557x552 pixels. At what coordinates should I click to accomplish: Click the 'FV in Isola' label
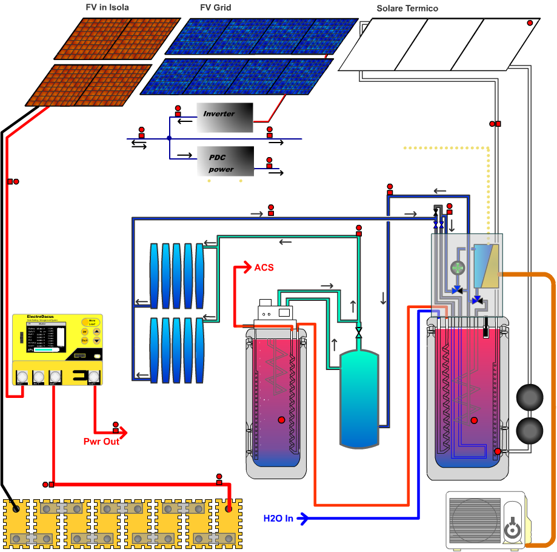tap(107, 8)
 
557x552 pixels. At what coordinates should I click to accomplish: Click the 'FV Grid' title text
tap(215, 8)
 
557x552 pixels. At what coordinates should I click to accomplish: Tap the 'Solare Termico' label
tap(407, 8)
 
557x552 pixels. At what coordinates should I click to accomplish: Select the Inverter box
tap(224, 117)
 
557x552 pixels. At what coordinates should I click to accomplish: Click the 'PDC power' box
tap(225, 161)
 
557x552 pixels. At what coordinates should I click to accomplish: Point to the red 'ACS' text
tap(264, 268)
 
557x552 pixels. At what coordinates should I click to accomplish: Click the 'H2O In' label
tap(278, 518)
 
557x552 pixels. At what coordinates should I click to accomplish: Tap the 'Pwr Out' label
tap(101, 441)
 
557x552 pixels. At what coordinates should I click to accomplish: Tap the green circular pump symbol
tap(457, 267)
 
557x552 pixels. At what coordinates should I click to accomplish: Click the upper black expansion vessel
tap(530, 398)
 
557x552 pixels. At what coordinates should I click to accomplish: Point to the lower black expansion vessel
tap(530, 430)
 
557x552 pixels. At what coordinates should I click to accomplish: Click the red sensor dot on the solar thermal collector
tap(530, 23)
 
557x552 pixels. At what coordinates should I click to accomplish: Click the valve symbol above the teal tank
tap(359, 333)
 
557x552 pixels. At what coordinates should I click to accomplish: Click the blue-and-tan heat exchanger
tap(486, 266)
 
